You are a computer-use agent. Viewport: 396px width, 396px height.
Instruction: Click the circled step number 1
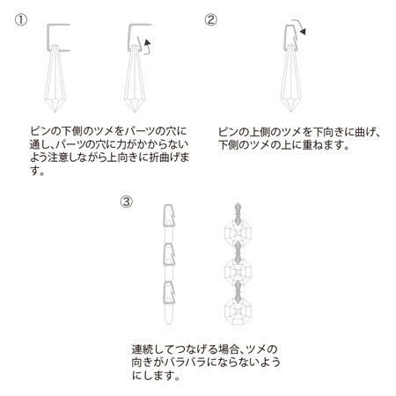click(x=21, y=20)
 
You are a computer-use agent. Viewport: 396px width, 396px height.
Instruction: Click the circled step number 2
click(x=211, y=20)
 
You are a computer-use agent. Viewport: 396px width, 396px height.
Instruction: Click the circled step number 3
click(x=127, y=202)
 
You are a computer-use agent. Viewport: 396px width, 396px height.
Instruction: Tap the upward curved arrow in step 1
click(x=148, y=47)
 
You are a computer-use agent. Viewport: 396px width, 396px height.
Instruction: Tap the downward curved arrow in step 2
click(x=300, y=26)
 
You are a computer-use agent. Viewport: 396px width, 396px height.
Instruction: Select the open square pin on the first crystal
click(x=48, y=38)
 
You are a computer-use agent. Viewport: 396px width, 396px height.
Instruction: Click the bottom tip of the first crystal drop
click(x=55, y=112)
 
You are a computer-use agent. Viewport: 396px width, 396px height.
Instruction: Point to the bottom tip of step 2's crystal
click(x=290, y=112)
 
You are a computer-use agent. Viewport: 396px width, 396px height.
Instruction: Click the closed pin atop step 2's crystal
click(x=285, y=37)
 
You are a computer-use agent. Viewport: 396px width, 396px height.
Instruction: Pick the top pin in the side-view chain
click(x=165, y=216)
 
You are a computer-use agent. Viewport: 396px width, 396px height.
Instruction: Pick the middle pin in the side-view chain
click(x=165, y=254)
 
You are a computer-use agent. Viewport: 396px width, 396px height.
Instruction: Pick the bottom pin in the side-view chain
click(x=165, y=292)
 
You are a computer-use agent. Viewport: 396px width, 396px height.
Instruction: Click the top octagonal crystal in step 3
click(x=238, y=233)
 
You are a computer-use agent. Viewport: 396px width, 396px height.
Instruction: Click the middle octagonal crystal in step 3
click(x=238, y=272)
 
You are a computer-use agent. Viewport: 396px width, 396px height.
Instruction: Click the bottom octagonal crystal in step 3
click(x=238, y=312)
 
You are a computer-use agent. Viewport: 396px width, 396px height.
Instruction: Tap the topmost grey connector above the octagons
click(x=238, y=214)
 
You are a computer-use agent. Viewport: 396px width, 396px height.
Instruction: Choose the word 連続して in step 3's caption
click(x=153, y=349)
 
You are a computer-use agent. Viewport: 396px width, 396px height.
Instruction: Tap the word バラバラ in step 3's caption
click(x=185, y=362)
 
